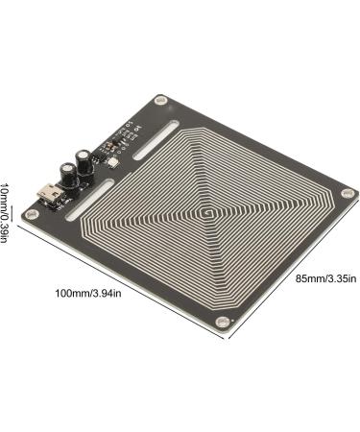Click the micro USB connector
[49, 194]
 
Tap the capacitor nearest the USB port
[69, 176]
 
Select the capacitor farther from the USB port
[84, 163]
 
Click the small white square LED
[113, 163]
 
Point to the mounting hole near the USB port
[31, 214]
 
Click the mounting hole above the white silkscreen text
[160, 101]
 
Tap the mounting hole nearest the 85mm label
[347, 194]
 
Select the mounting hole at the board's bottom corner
[222, 322]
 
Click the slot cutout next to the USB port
[89, 200]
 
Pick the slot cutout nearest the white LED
[156, 140]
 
